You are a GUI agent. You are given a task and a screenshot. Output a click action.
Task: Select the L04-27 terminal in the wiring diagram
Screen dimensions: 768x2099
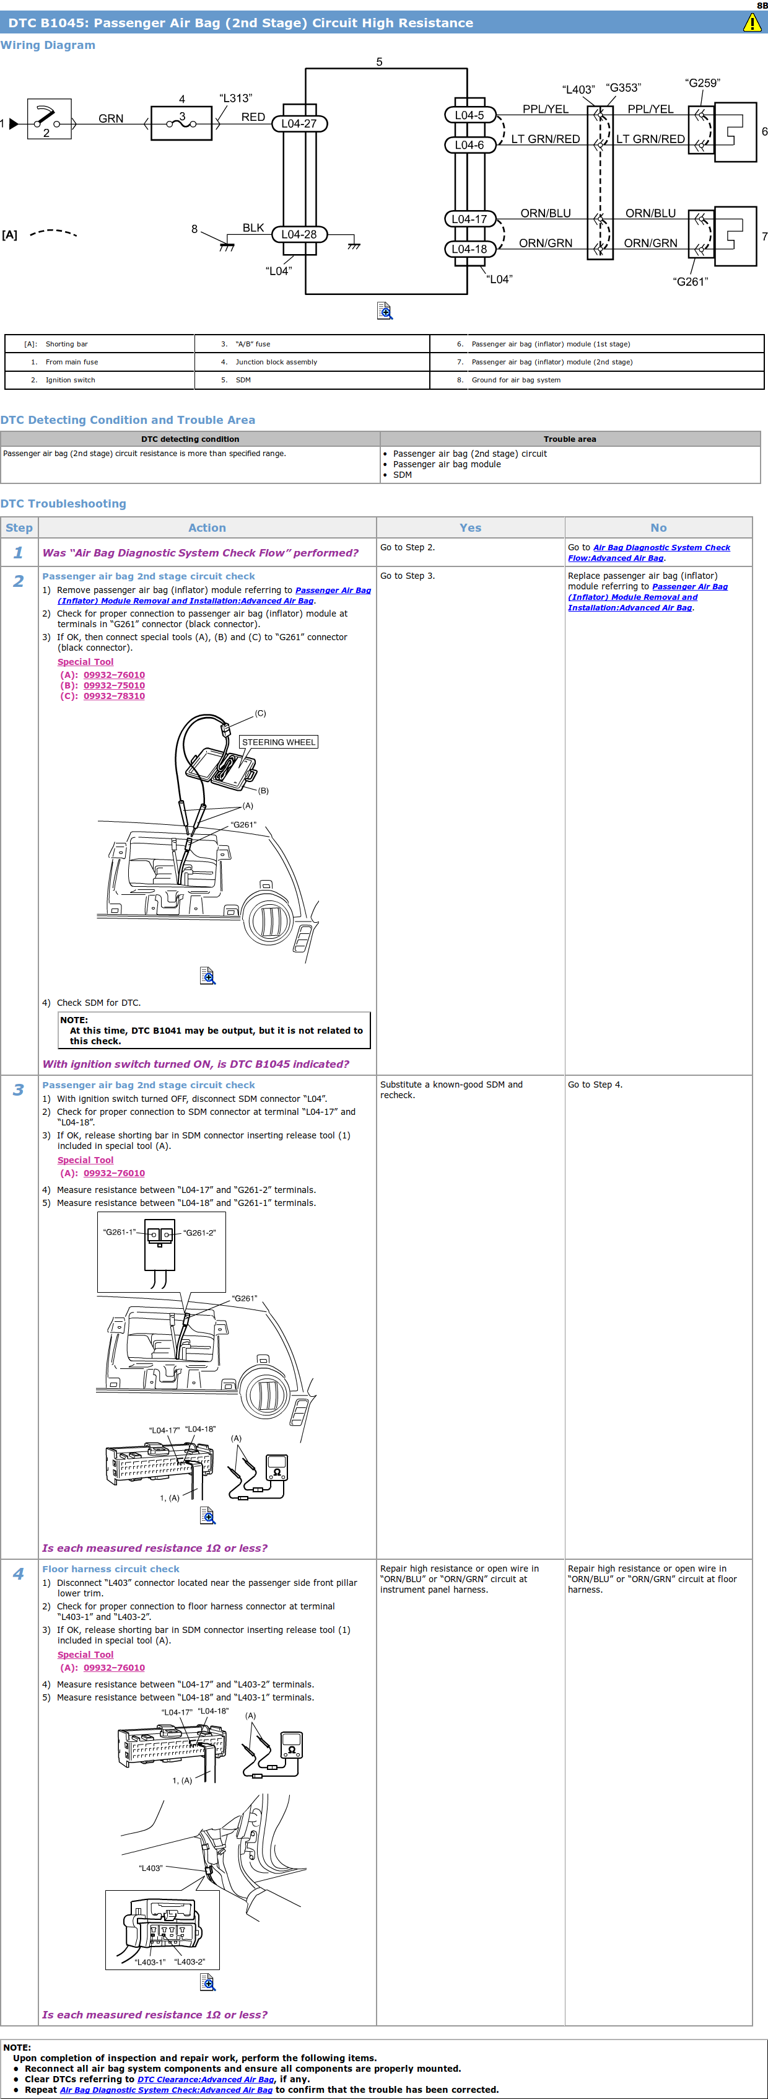(299, 124)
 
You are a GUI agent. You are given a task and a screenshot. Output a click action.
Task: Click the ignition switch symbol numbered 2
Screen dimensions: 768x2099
(49, 120)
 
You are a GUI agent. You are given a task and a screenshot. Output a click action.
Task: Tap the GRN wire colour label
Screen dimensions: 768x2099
(111, 119)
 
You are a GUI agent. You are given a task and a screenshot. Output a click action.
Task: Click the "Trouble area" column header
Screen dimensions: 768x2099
(570, 439)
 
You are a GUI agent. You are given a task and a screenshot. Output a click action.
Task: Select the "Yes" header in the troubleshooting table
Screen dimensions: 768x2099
(471, 528)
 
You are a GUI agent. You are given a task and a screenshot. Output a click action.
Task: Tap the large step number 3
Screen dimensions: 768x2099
(19, 1090)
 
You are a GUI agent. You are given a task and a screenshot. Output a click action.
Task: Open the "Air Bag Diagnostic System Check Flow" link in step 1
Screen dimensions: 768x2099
(649, 552)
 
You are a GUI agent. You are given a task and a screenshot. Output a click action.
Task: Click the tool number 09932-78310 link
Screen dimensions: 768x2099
(114, 696)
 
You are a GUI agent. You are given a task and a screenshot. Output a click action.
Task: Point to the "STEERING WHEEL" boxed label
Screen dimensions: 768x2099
(279, 742)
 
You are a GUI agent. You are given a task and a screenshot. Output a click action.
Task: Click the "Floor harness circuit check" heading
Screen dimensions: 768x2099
(111, 1569)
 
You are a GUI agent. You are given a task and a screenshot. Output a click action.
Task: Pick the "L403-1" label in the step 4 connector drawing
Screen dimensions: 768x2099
(150, 1961)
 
